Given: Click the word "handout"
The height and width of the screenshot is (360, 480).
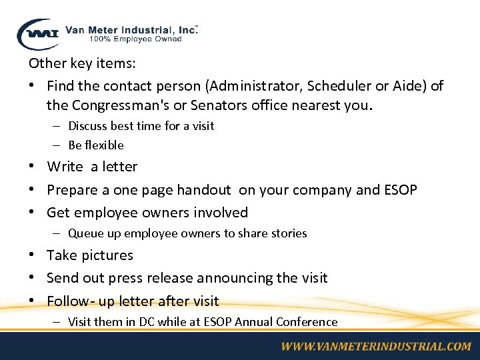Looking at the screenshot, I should point(203,190).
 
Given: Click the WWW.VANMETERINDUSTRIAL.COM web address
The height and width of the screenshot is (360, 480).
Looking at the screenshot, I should point(375,346).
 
